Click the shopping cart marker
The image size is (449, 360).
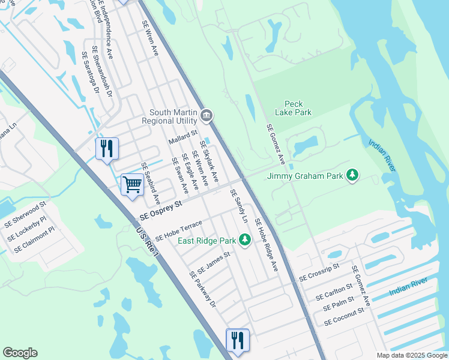click(132, 184)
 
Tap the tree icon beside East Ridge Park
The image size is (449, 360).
click(244, 241)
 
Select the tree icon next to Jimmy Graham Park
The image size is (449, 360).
click(353, 176)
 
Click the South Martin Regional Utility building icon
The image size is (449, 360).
click(207, 115)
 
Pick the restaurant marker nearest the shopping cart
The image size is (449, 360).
click(107, 148)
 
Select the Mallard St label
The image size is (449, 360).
click(182, 139)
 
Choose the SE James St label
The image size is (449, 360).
click(214, 262)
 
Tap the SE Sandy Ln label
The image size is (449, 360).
click(239, 207)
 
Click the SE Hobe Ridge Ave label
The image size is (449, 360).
click(267, 245)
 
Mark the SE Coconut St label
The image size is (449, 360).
click(344, 317)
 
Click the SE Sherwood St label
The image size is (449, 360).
click(25, 214)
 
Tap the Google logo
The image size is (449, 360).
click(20, 353)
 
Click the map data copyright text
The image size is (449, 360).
click(411, 355)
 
